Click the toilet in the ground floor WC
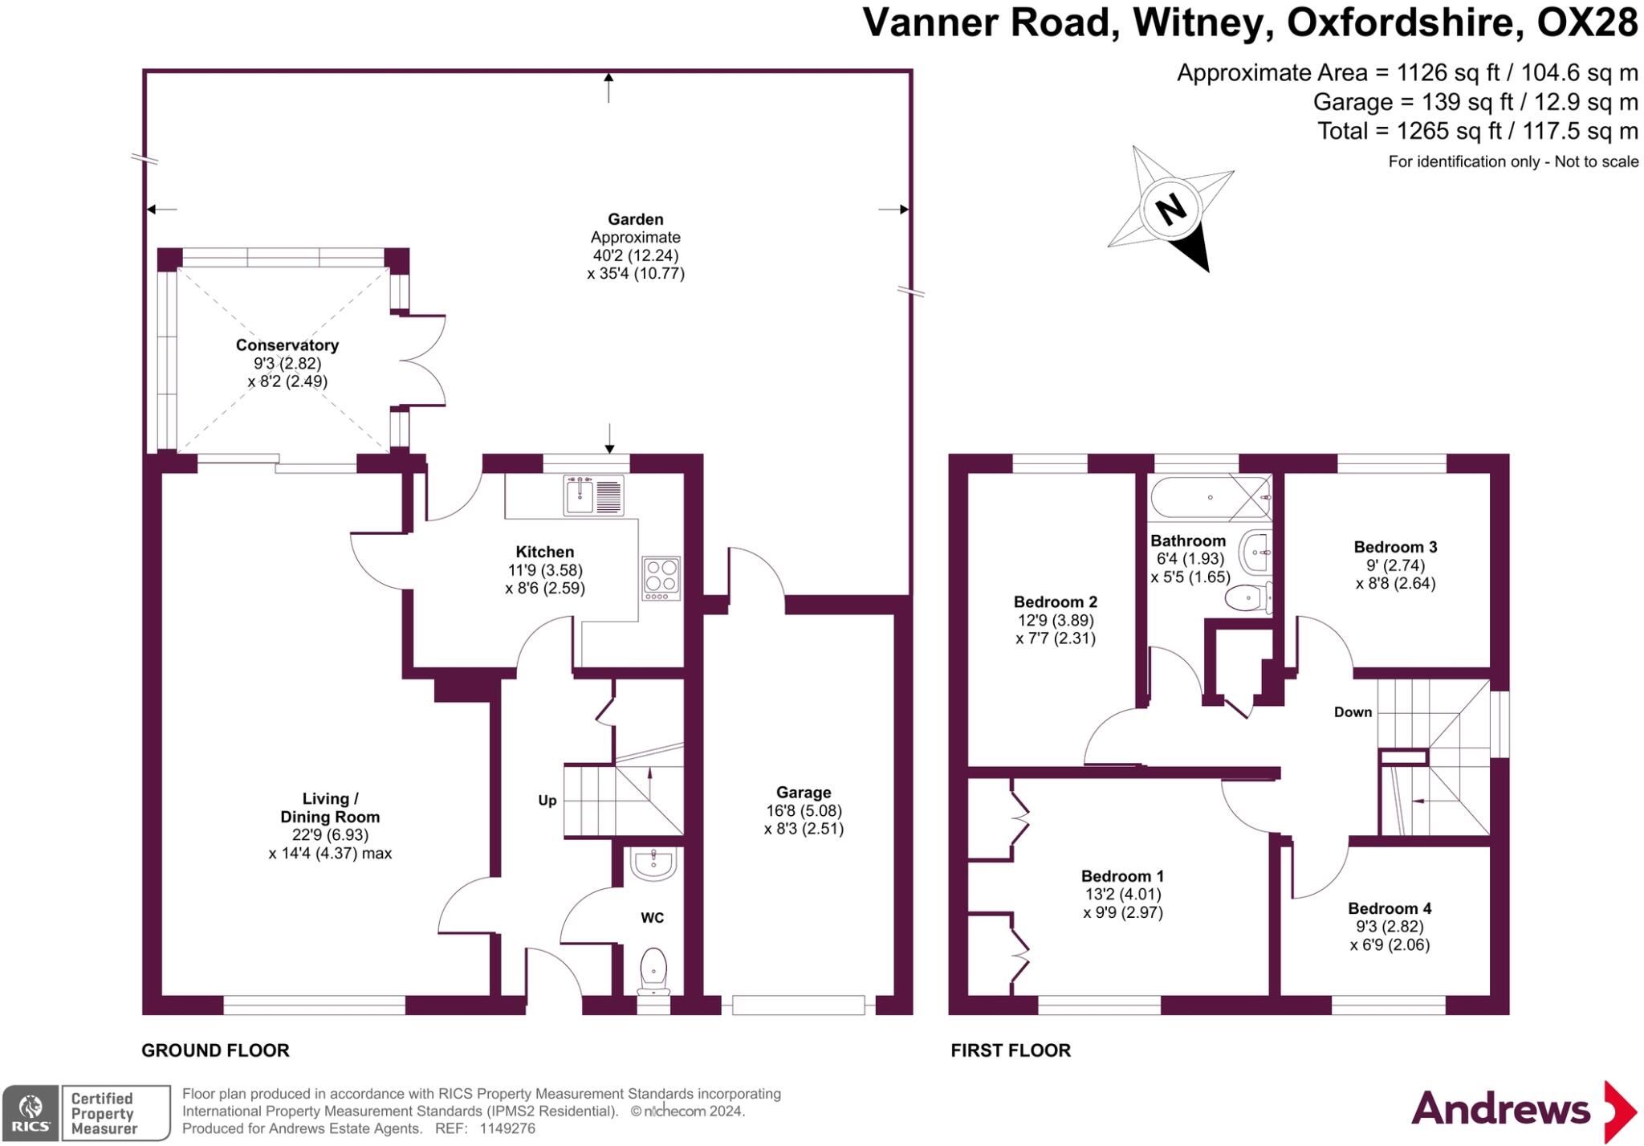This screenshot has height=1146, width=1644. pyautogui.click(x=654, y=970)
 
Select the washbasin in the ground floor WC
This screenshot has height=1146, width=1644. pyautogui.click(x=653, y=863)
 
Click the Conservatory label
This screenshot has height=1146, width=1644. pyautogui.click(x=287, y=345)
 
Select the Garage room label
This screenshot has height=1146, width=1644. pyautogui.click(x=804, y=793)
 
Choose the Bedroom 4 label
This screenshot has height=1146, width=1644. pyautogui.click(x=1390, y=908)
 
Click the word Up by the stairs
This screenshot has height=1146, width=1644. pyautogui.click(x=547, y=801)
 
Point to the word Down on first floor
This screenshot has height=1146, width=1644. pyautogui.click(x=1353, y=712)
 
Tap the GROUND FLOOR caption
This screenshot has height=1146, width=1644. pyautogui.click(x=215, y=1050)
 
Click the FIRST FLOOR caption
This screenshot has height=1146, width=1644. pyautogui.click(x=1011, y=1050)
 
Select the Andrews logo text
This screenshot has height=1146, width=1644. pyautogui.click(x=1500, y=1110)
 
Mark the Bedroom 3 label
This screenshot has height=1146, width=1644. pyautogui.click(x=1395, y=547)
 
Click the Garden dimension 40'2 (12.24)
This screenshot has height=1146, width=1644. pyautogui.click(x=635, y=255)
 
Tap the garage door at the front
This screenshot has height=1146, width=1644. pyautogui.click(x=798, y=1005)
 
